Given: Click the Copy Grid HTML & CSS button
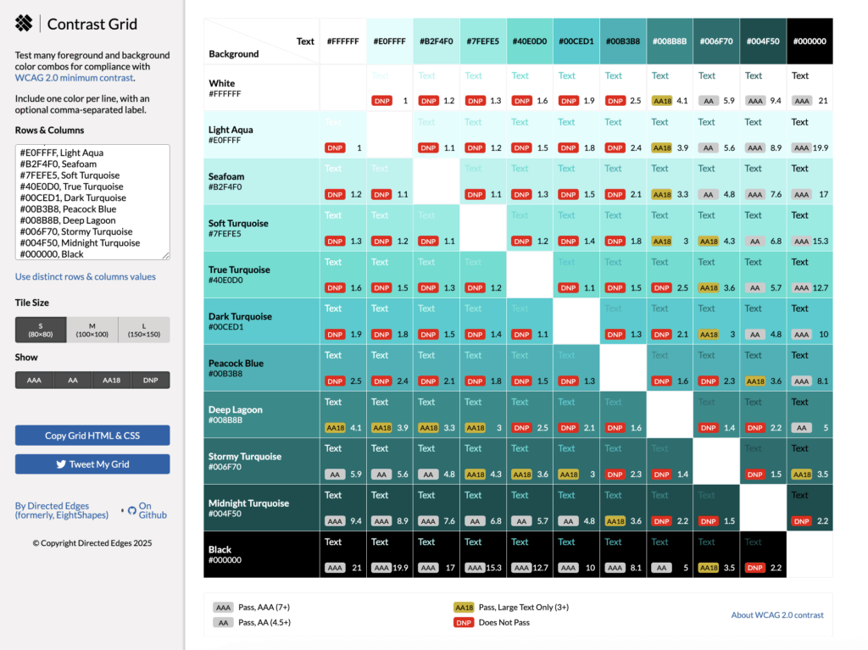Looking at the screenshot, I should (92, 436).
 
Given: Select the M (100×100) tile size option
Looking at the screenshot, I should (92, 330).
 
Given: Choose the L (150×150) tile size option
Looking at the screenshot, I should (144, 330).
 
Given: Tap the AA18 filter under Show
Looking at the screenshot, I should (111, 381).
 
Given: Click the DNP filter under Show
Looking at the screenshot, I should (150, 381).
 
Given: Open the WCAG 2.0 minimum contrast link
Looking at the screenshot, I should (74, 78).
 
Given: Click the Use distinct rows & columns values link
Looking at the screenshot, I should (86, 276).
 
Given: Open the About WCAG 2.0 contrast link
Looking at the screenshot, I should (776, 615).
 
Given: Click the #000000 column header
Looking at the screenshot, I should (810, 41).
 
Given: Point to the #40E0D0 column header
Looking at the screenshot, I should (530, 41).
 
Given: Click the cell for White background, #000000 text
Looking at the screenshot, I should (810, 88).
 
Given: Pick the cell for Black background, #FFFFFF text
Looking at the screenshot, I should (342, 554).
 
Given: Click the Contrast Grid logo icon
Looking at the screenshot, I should (24, 24).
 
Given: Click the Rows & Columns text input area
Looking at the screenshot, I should (92, 202).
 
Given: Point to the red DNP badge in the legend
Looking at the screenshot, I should (464, 623).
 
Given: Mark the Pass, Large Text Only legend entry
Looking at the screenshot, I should (523, 607).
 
